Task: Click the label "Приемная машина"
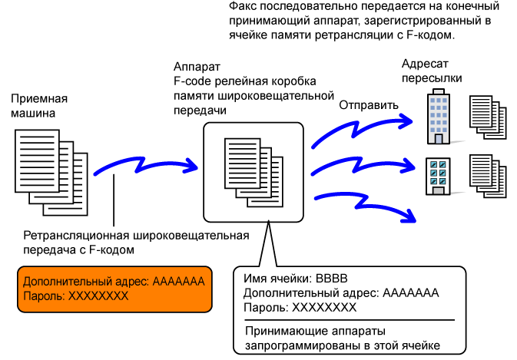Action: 39,106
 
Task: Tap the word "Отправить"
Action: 369,105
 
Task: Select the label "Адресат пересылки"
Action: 431,71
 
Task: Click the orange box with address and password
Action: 114,289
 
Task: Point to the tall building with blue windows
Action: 439,117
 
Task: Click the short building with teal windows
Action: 438,177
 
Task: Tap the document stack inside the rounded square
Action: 254,172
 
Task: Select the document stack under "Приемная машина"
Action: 51,173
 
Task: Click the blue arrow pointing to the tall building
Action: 359,129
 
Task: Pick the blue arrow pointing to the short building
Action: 360,167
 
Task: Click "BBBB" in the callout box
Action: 331,279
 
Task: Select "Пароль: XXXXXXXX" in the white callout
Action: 300,308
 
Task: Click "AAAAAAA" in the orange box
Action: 178,282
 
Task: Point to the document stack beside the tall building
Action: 488,117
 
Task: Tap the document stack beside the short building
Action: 488,177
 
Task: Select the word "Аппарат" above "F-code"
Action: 197,67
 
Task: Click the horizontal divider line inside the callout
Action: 350,320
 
